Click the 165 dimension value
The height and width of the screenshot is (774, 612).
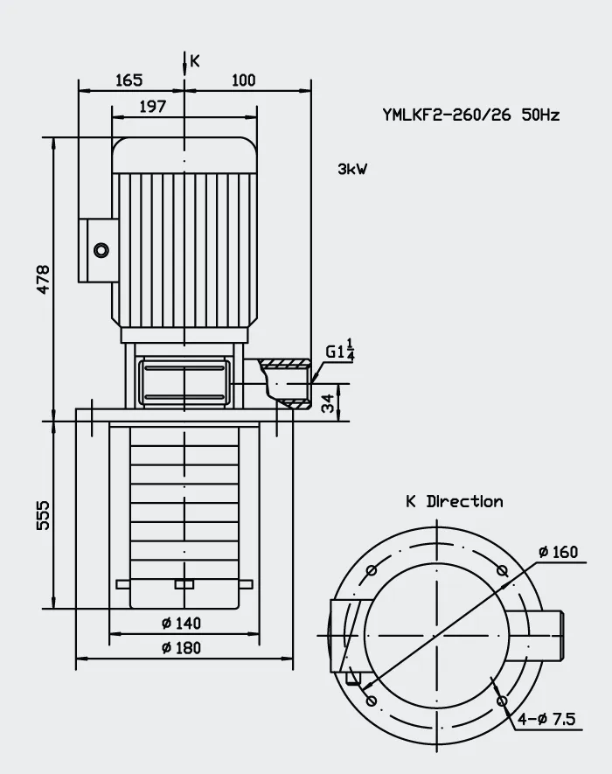pyautogui.click(x=129, y=80)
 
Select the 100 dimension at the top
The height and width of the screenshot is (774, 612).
pyautogui.click(x=244, y=80)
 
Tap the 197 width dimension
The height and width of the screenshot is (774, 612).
pyautogui.click(x=152, y=106)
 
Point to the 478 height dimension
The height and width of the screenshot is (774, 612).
pyautogui.click(x=44, y=279)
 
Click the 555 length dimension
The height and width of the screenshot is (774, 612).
pyautogui.click(x=44, y=515)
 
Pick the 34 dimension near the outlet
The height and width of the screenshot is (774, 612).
pyautogui.click(x=328, y=402)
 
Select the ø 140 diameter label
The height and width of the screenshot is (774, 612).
pyautogui.click(x=181, y=623)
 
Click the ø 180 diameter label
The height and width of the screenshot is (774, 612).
pyautogui.click(x=181, y=647)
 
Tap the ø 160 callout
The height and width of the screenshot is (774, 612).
pyautogui.click(x=558, y=551)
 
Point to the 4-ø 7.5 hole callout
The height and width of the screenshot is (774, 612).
pyautogui.click(x=546, y=719)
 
